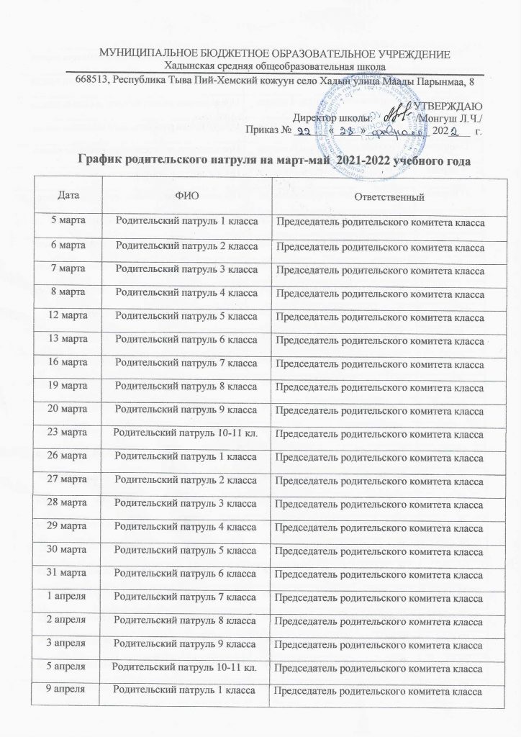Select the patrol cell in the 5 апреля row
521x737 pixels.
186,669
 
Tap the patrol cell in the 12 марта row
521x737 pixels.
186,315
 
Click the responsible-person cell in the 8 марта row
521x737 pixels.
380,292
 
